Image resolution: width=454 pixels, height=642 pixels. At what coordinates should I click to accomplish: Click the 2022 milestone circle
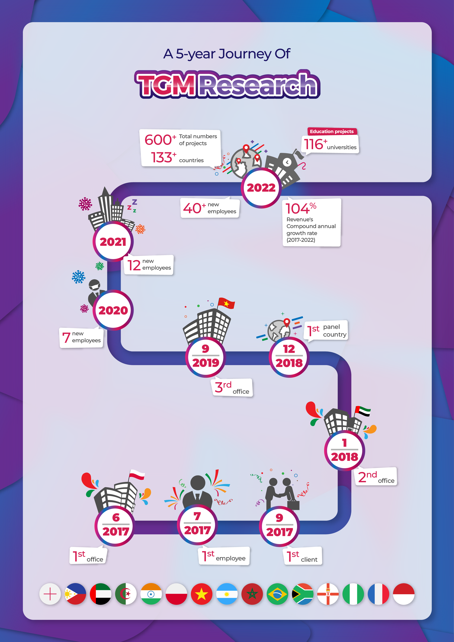tap(261, 188)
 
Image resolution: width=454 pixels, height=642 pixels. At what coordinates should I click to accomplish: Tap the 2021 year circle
tap(113, 242)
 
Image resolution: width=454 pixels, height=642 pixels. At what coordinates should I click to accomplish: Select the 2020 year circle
tap(113, 310)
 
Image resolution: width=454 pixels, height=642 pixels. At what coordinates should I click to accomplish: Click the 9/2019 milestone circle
tap(205, 357)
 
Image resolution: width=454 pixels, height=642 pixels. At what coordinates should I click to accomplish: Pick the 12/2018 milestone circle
tap(289, 357)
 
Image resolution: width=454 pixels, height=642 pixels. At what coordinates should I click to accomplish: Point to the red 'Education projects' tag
tap(332, 131)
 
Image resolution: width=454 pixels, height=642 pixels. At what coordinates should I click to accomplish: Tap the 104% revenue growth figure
tap(301, 208)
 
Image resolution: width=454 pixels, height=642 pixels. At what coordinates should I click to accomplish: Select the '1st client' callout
tap(303, 556)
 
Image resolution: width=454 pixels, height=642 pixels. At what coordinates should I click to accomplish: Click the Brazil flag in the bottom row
tap(277, 594)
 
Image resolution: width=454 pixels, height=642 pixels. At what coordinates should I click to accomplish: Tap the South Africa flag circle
tap(302, 594)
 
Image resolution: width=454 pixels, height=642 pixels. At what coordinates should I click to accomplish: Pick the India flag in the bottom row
tap(151, 594)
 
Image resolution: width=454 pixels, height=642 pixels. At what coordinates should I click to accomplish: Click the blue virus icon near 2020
tap(79, 277)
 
